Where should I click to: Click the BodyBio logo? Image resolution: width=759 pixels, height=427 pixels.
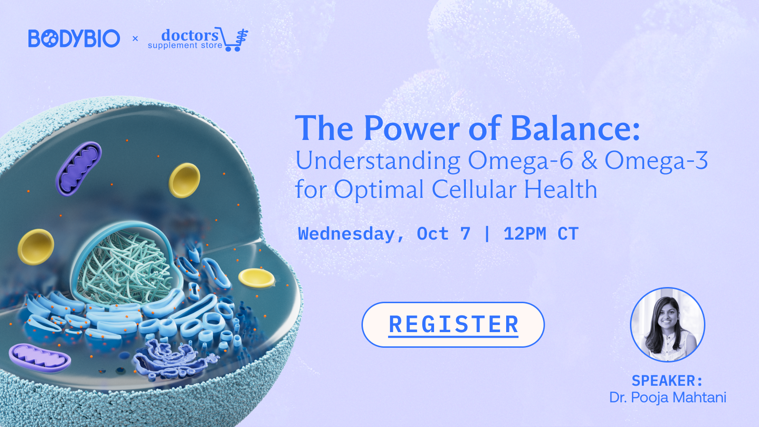[74, 38]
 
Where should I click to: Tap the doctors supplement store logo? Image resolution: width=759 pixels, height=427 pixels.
[198, 39]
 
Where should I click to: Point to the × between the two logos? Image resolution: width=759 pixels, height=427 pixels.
[135, 38]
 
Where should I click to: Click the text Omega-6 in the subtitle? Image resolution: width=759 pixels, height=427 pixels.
[520, 160]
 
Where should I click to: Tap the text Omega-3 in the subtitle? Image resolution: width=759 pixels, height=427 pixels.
[657, 160]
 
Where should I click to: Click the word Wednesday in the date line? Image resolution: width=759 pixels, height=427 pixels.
[346, 234]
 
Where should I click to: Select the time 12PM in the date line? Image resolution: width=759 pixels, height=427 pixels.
[525, 234]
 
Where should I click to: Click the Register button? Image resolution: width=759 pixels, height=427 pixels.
[453, 325]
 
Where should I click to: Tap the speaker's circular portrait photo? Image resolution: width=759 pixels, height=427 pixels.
[667, 325]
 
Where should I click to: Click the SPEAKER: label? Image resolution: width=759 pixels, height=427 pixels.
[667, 381]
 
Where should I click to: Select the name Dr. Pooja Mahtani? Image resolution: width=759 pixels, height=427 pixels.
[667, 398]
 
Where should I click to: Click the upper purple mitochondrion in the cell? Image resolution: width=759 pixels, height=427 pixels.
[79, 168]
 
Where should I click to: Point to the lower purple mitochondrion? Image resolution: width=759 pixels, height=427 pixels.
[40, 358]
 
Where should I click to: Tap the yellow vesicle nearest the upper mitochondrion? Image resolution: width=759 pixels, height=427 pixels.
[185, 180]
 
